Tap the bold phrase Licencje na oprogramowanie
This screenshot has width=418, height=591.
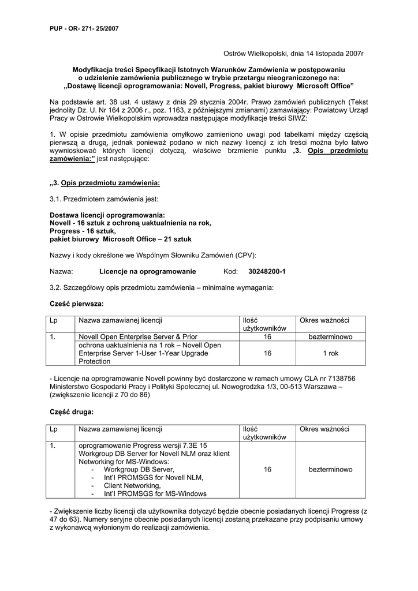(x=148, y=271)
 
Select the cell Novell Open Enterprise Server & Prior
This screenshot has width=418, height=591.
(x=138, y=336)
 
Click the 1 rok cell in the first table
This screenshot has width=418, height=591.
(x=330, y=353)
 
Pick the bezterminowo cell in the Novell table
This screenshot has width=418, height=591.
(x=330, y=336)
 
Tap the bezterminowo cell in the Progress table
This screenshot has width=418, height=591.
(x=330, y=470)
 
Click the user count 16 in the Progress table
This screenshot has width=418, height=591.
(x=267, y=470)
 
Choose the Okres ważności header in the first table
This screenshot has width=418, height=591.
(x=324, y=320)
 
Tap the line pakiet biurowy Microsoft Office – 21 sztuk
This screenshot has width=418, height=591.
(x=121, y=238)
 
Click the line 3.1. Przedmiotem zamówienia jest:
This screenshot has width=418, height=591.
(x=103, y=199)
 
